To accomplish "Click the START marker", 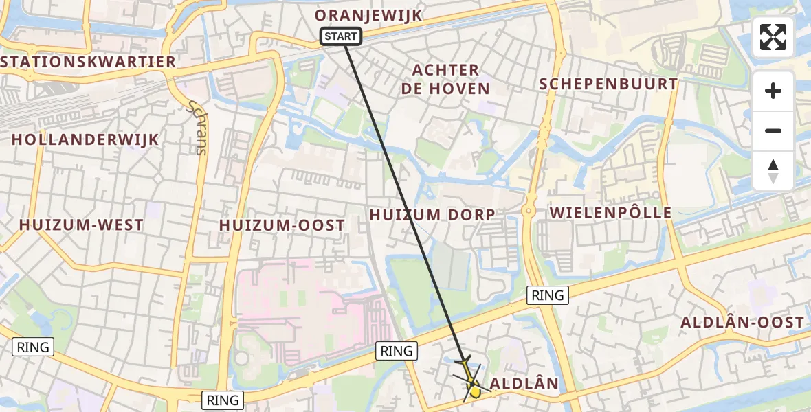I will pyautogui.click(x=341, y=36).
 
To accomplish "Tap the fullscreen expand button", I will pyautogui.click(x=773, y=37).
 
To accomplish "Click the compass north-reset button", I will pyautogui.click(x=773, y=171).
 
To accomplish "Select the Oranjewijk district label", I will pyautogui.click(x=368, y=15).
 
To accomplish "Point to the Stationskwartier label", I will pyautogui.click(x=89, y=62).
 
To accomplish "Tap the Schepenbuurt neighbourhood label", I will pyautogui.click(x=608, y=84).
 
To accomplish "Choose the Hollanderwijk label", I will pyautogui.click(x=85, y=139).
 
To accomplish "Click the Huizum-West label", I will pyautogui.click(x=82, y=225).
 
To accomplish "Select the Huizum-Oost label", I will pyautogui.click(x=282, y=225).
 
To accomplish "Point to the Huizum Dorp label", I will pyautogui.click(x=432, y=215).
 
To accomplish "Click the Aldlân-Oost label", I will pyautogui.click(x=742, y=322).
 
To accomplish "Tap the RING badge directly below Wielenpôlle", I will pyautogui.click(x=548, y=295).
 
